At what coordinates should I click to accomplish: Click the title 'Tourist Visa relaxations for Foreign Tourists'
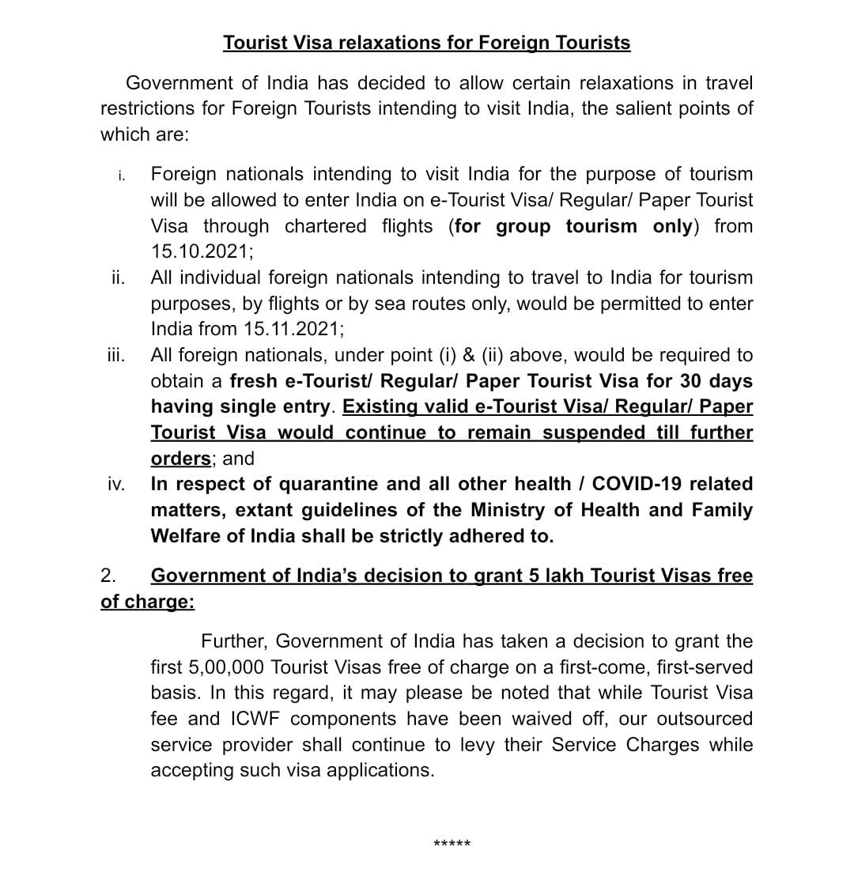pyautogui.click(x=426, y=43)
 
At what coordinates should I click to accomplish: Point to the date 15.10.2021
pyautogui.click(x=200, y=251)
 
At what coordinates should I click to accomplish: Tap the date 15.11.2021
pyautogui.click(x=295, y=329)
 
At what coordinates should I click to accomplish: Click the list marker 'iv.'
pyautogui.click(x=115, y=484)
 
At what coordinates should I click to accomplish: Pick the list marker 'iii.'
pyautogui.click(x=115, y=355)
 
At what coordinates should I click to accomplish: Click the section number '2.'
pyautogui.click(x=108, y=576)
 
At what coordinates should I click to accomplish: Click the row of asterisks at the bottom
pyautogui.click(x=452, y=844)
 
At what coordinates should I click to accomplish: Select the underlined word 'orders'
pyautogui.click(x=180, y=459)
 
